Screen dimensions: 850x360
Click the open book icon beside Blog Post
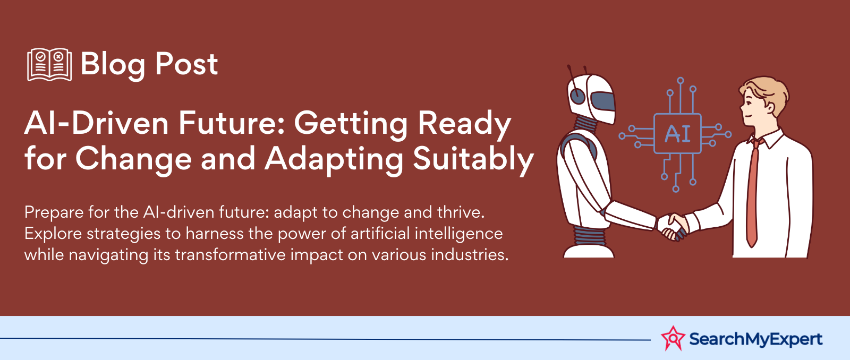tap(49, 64)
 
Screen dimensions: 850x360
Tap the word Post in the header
tap(186, 64)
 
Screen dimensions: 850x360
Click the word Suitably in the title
tap(473, 160)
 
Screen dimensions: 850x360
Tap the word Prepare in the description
tap(54, 212)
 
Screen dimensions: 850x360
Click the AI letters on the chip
tap(677, 134)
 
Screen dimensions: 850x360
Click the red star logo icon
tap(673, 338)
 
